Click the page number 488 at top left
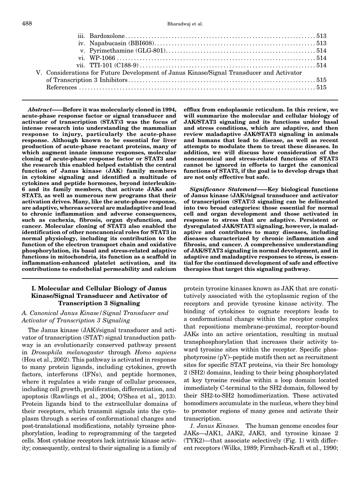tap(27, 24)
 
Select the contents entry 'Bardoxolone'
tap(107, 36)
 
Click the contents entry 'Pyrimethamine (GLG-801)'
tap(128, 51)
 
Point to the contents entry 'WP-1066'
tap(102, 58)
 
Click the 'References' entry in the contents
tap(61, 87)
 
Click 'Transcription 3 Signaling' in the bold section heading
tap(99, 303)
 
